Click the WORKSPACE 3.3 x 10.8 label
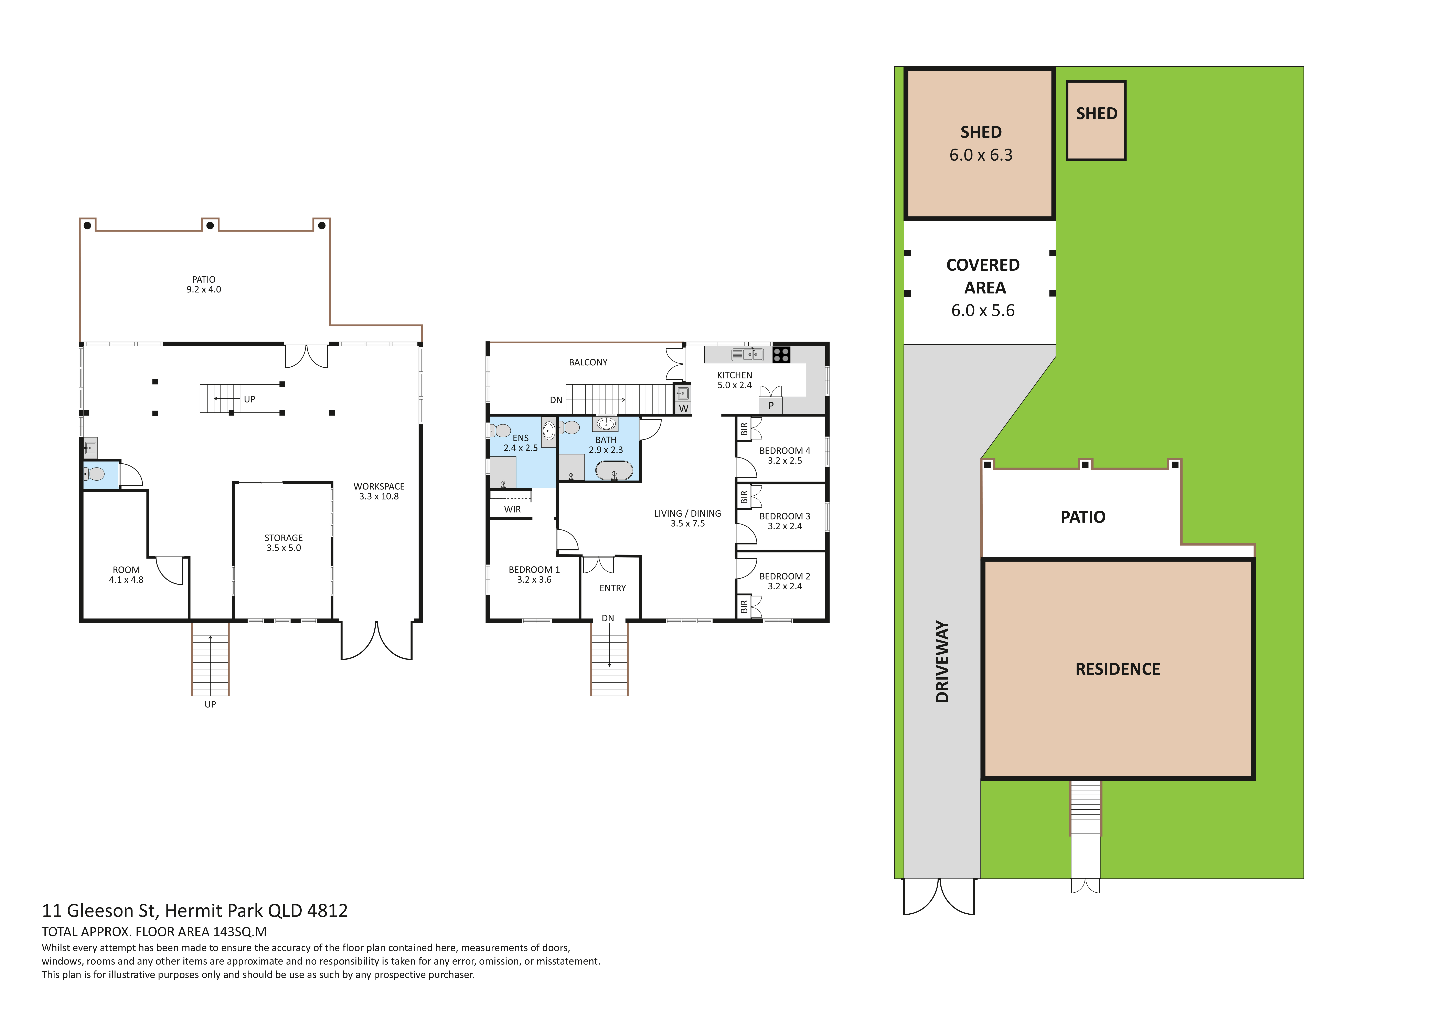click(x=379, y=491)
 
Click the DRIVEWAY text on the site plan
click(x=942, y=662)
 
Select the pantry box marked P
click(x=770, y=406)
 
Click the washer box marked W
click(x=683, y=408)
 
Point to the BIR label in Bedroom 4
click(x=744, y=429)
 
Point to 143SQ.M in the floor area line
click(x=240, y=932)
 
